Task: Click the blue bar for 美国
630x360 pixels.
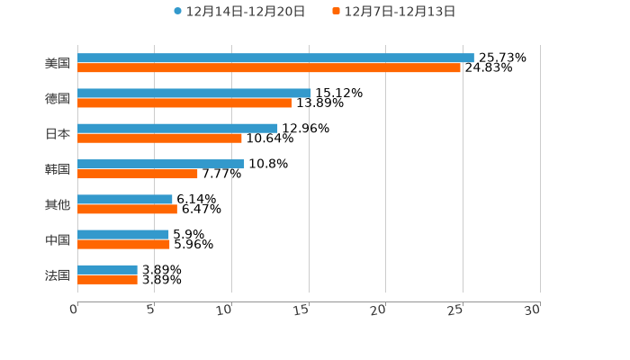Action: click(x=275, y=58)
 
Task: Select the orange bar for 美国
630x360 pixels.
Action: click(x=269, y=67)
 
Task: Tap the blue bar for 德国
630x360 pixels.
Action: click(x=194, y=93)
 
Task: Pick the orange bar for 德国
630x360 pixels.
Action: click(x=184, y=103)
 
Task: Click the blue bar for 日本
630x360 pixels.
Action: click(x=177, y=128)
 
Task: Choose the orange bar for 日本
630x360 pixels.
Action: click(x=159, y=138)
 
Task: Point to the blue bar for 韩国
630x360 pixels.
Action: click(x=161, y=164)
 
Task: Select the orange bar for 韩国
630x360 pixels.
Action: click(x=138, y=174)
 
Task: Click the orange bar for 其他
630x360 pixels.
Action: click(x=127, y=209)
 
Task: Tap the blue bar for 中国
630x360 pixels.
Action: click(x=123, y=234)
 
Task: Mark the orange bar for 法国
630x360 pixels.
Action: click(x=107, y=279)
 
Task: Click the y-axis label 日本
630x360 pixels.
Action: click(x=58, y=133)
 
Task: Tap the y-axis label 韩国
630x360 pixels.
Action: click(x=58, y=169)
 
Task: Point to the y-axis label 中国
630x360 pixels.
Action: click(x=58, y=239)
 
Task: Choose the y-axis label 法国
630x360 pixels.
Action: click(x=58, y=274)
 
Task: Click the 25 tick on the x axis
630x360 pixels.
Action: click(x=455, y=310)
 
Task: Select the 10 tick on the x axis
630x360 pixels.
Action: click(x=225, y=310)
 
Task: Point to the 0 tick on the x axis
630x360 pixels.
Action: click(x=74, y=310)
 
